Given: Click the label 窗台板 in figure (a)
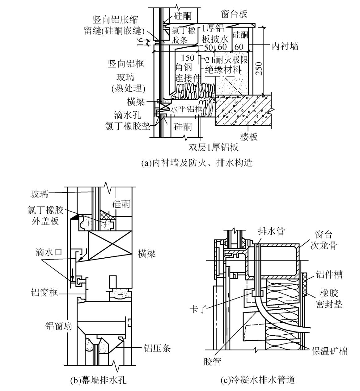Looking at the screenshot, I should click(x=235, y=14).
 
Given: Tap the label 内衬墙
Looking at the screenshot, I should click(x=285, y=46).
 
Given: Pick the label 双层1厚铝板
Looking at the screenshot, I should click(x=214, y=147).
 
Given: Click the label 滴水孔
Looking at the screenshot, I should click(x=128, y=115).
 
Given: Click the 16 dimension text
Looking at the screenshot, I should click(x=140, y=41).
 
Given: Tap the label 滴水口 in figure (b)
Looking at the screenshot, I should click(x=49, y=252).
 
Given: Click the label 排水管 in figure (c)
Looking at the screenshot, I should click(x=271, y=231).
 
